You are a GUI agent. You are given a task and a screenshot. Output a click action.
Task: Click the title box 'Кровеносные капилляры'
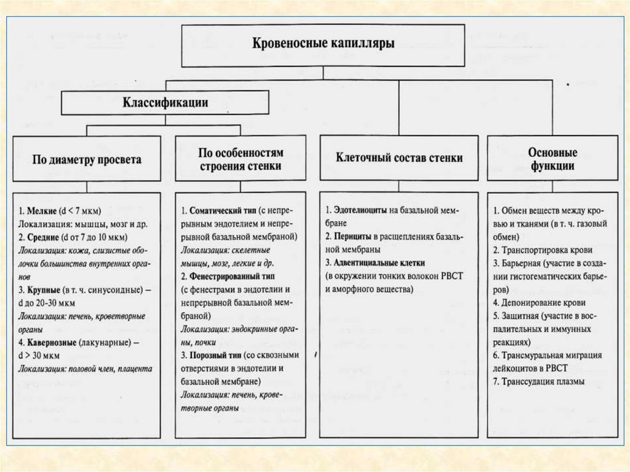tap(323, 45)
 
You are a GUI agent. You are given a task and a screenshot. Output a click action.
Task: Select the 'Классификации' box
tap(166, 103)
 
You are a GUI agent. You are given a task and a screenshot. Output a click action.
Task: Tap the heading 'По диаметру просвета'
tap(87, 159)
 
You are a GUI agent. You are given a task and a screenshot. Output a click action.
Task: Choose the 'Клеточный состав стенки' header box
tap(399, 158)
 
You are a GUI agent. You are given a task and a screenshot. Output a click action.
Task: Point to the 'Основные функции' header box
tap(552, 159)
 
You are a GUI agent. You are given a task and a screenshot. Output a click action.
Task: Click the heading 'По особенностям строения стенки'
tap(241, 159)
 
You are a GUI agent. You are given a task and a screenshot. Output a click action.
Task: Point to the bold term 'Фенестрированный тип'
tap(234, 276)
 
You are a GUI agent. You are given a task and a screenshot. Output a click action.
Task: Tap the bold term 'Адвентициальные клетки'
tap(379, 263)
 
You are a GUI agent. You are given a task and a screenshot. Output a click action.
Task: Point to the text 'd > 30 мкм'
tap(39, 355)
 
